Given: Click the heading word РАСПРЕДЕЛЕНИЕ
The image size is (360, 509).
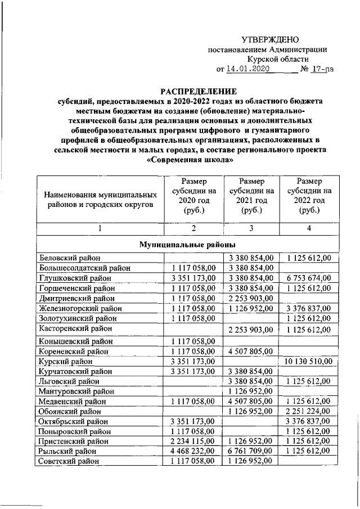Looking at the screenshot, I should [191, 91].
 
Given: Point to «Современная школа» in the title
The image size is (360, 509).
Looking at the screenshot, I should [191, 159].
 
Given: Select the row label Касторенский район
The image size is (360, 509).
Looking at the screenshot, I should [75, 328].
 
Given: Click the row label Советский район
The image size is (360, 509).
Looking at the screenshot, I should [67, 461].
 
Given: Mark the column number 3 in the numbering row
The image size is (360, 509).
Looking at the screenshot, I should [251, 228].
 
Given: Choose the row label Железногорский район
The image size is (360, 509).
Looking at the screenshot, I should [79, 308].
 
